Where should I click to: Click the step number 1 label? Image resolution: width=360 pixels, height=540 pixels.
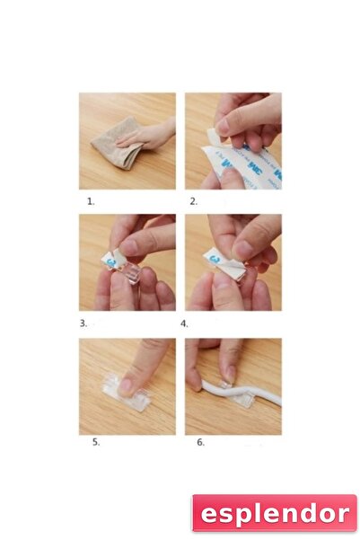91,201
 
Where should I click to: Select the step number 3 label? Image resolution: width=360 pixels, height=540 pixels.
83,322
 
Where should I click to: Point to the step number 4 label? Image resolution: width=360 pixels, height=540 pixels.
184,322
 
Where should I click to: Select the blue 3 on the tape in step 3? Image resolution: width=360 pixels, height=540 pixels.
111,261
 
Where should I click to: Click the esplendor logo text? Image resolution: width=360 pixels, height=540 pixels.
273,513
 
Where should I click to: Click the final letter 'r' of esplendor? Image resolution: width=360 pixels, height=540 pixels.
342,514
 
